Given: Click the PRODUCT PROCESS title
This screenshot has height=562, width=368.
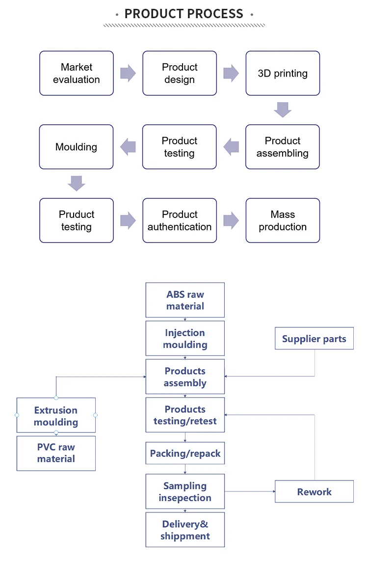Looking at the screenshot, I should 184,14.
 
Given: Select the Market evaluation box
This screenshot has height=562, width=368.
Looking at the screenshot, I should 77,73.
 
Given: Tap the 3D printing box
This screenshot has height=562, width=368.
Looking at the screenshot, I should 283,73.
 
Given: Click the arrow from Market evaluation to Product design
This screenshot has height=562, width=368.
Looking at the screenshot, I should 128,73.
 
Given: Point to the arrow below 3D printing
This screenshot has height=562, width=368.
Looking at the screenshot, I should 283,109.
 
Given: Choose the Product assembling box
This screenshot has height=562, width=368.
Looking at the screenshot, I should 283,147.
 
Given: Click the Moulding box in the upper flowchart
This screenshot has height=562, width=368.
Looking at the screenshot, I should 77,147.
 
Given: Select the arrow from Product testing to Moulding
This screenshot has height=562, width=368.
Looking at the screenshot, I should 128,147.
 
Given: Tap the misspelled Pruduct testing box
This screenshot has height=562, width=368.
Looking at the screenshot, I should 77,220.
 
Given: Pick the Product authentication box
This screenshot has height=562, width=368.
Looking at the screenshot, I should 180,220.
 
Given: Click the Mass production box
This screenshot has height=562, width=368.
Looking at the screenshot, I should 283,220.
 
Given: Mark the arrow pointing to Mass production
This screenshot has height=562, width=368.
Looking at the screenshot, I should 231,220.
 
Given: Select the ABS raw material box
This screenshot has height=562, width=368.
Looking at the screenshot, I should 185,300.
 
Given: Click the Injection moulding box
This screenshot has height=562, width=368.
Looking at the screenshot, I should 185,338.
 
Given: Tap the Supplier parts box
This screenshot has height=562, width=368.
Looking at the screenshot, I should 314,339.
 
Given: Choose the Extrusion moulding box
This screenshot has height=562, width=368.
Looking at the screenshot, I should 56,415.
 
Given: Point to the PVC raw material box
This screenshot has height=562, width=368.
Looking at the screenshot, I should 56,453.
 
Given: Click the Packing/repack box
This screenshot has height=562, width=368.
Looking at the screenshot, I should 185,453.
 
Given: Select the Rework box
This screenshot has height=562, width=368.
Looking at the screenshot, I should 314,491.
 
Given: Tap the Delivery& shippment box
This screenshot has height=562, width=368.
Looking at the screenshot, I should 185,530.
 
